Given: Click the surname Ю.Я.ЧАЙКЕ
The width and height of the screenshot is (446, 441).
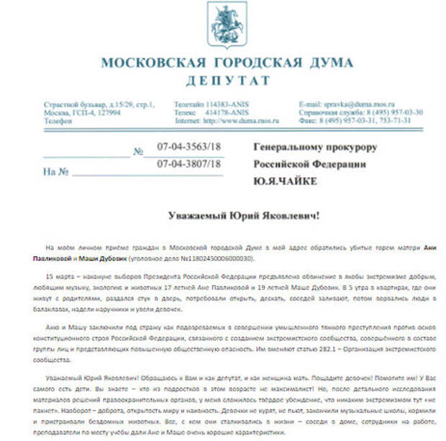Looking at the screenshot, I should point(285,181).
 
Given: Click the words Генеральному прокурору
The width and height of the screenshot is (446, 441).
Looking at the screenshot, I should point(316,148).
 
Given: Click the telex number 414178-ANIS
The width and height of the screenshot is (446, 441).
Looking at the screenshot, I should point(227,113).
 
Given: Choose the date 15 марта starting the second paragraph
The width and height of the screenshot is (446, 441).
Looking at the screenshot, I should point(58,276).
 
